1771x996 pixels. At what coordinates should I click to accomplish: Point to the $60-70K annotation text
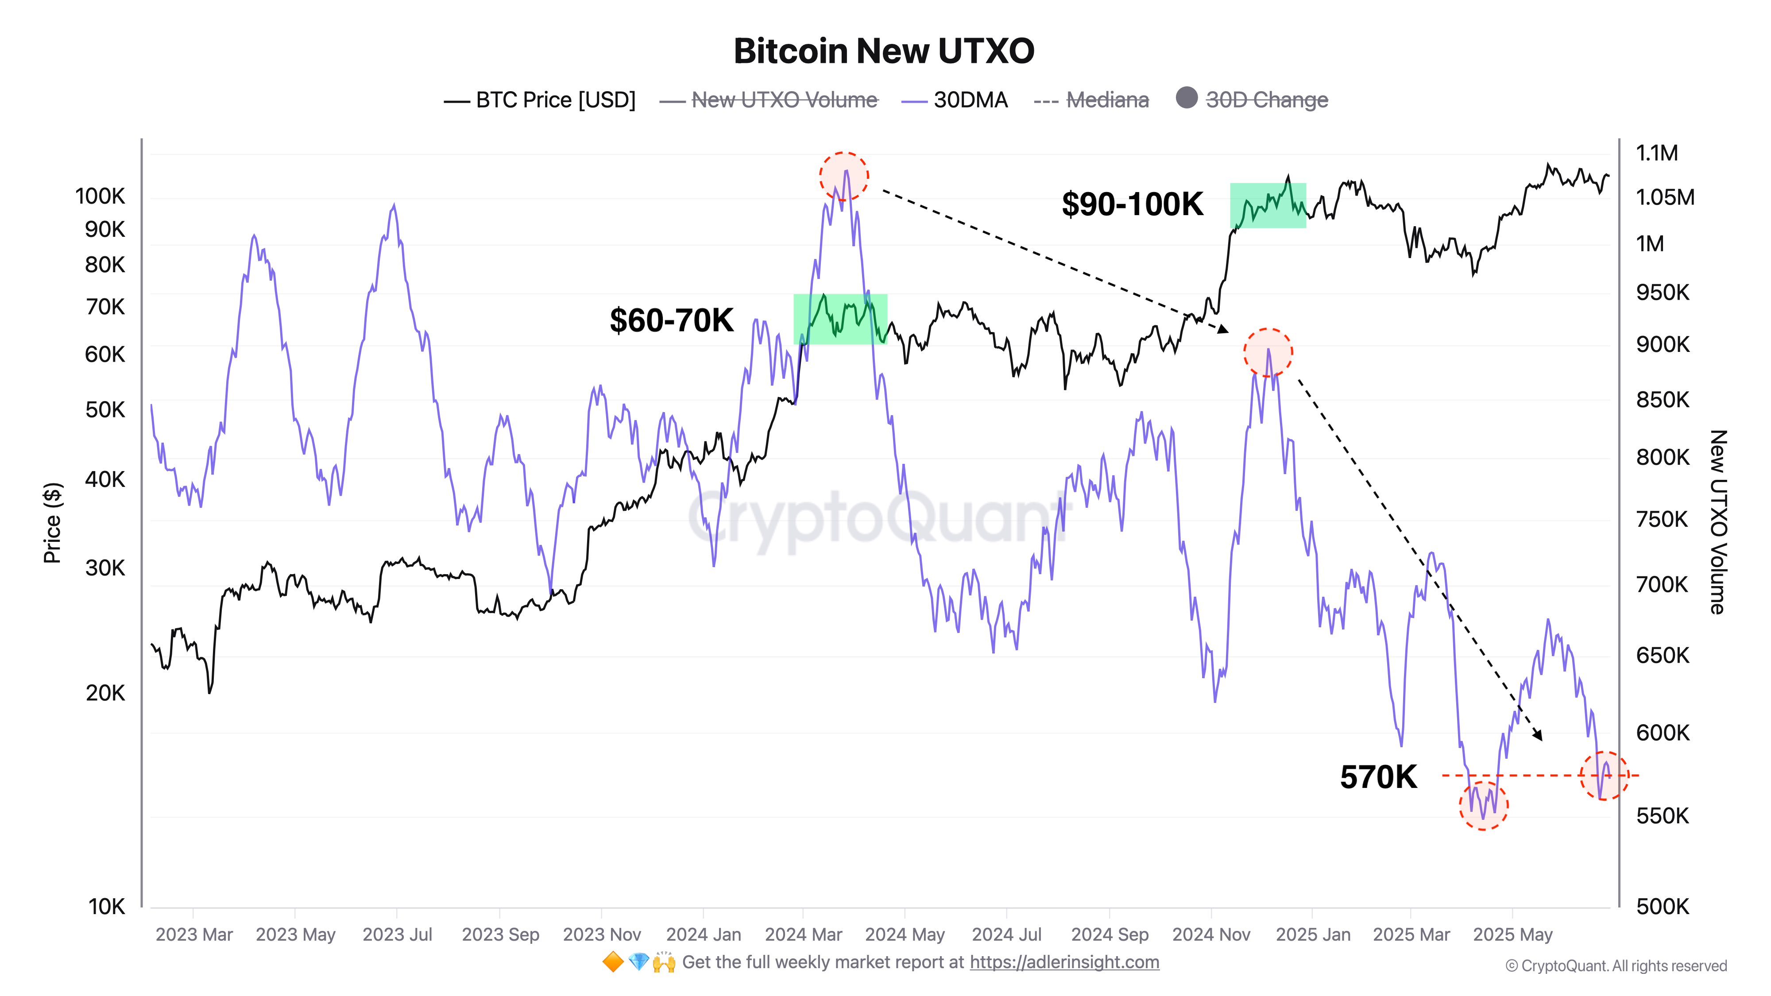coord(671,320)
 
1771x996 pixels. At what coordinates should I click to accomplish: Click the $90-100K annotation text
coord(1132,204)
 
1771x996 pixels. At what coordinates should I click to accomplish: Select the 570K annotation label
coord(1378,777)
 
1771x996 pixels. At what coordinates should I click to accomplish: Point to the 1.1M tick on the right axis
coord(1656,153)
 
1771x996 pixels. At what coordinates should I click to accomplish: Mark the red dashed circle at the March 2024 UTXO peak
coord(843,177)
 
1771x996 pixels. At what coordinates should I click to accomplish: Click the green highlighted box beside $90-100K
coord(1267,205)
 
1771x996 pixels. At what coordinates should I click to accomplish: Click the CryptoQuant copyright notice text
coord(1616,966)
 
